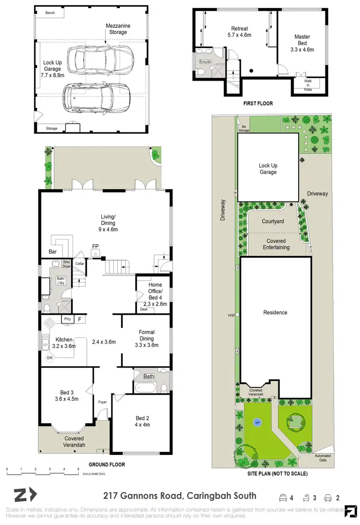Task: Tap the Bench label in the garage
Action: pyautogui.click(x=50, y=13)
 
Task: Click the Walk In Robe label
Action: pyautogui.click(x=308, y=84)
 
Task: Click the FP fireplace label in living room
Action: pyautogui.click(x=95, y=247)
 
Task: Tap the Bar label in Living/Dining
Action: pyautogui.click(x=52, y=251)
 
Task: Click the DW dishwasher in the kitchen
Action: pyautogui.click(x=49, y=358)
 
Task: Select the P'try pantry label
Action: pyautogui.click(x=67, y=319)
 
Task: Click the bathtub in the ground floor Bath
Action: pyautogui.click(x=146, y=387)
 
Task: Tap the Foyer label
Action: pyautogui.click(x=102, y=402)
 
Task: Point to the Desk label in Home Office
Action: pyautogui.click(x=144, y=310)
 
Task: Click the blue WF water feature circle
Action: pyautogui.click(x=257, y=423)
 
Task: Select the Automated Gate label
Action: pyautogui.click(x=322, y=458)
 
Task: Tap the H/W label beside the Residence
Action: pyautogui.click(x=231, y=315)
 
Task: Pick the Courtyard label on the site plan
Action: pyautogui.click(x=273, y=222)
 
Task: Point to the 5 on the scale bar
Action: pyautogui.click(x=78, y=469)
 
